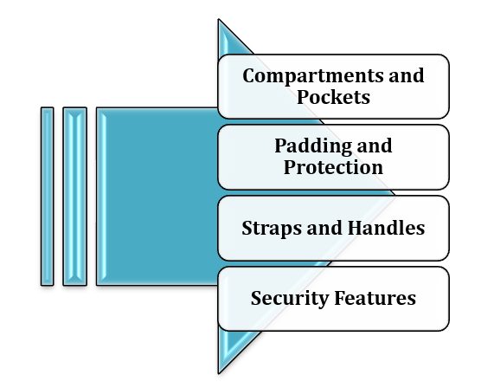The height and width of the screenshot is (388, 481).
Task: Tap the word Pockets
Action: point(333,97)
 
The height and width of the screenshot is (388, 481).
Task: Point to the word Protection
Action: point(333,166)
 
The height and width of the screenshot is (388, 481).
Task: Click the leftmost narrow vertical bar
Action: point(47,196)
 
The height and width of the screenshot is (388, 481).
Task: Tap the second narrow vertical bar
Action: point(75,196)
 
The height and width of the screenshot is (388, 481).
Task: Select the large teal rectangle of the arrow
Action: point(156,196)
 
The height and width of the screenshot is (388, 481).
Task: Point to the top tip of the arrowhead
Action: point(220,22)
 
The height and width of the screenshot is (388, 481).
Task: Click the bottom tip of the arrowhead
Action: point(220,371)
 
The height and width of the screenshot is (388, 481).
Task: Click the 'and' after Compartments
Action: point(408,75)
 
